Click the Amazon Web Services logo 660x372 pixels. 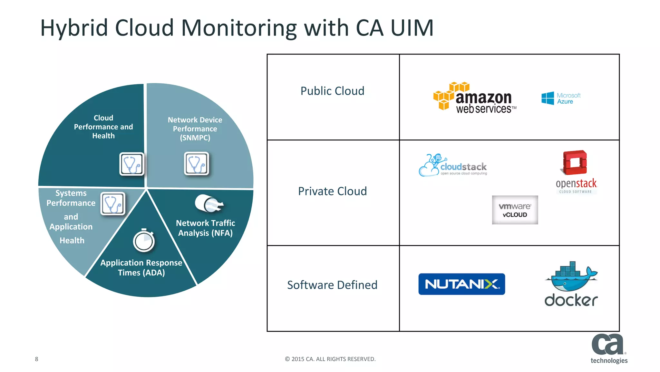click(474, 98)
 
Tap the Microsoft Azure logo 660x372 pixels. click(561, 98)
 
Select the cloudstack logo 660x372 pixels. click(452, 166)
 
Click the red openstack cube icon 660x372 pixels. click(575, 162)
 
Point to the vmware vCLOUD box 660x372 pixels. click(515, 210)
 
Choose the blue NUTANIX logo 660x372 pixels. click(461, 284)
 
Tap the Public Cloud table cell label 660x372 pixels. click(332, 91)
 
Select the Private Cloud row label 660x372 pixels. click(332, 191)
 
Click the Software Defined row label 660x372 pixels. click(332, 285)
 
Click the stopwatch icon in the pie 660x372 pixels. click(144, 241)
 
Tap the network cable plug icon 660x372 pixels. click(209, 204)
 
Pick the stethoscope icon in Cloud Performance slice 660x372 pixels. click(131, 164)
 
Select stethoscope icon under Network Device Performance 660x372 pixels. click(197, 164)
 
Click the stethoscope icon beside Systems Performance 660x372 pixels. click(113, 204)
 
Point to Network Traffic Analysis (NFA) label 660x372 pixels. click(205, 228)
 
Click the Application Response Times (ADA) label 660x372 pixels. click(141, 268)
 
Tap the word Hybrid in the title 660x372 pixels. click(74, 28)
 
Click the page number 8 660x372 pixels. click(36, 359)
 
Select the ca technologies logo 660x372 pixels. click(608, 349)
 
